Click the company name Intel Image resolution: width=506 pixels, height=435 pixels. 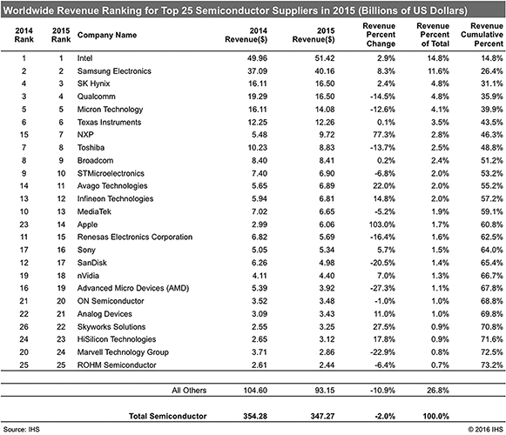coord(84,58)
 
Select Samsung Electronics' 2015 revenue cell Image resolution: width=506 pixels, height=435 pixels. coord(325,71)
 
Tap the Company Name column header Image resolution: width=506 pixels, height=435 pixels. coord(107,35)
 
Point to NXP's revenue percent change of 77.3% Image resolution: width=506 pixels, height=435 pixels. coord(384,135)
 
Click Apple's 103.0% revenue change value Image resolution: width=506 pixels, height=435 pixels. coord(382,224)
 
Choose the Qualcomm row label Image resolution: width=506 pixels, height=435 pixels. coord(96,97)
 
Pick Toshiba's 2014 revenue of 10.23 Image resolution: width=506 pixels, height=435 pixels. coord(258,147)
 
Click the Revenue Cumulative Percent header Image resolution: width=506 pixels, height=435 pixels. coord(482,35)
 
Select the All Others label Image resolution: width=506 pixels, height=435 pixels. coord(189,390)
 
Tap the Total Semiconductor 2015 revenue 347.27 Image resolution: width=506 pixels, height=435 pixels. coord(323,416)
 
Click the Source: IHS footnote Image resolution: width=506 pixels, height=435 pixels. coord(21,429)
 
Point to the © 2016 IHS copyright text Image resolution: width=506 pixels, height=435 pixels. coord(485,429)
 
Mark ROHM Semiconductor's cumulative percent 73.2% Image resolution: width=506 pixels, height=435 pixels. coord(492,365)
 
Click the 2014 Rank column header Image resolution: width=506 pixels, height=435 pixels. coord(24,35)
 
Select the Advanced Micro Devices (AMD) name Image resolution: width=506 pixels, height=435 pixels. coord(133,288)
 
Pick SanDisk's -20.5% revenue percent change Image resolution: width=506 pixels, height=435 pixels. coord(382,263)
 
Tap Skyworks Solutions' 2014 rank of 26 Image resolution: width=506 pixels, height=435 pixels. coord(24,326)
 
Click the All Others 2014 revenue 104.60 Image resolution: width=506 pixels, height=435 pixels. coord(255,390)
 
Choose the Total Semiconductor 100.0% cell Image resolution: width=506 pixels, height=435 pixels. coord(436,416)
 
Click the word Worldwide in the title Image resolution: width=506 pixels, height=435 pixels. coord(29,10)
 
